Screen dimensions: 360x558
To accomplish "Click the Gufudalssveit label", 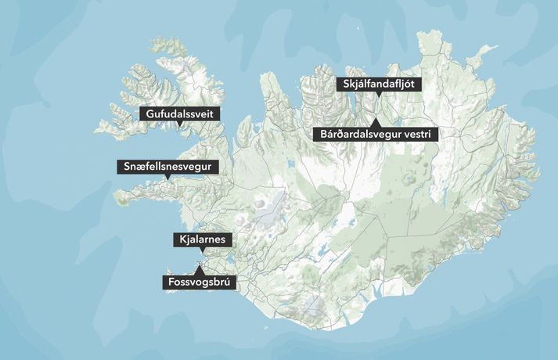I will tap(180, 113).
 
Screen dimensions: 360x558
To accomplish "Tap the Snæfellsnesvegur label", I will tap(167, 167).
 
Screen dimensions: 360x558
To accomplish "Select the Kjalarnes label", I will tap(203, 239).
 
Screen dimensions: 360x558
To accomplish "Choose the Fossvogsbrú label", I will tap(199, 282).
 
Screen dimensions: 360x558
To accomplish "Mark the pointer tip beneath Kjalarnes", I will tap(203, 253).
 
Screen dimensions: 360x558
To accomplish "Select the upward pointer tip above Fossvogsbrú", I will tap(199, 268).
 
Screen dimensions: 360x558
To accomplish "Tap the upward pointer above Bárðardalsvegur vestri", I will tap(374, 121).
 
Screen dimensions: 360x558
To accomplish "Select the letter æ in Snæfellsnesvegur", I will tap(138, 167).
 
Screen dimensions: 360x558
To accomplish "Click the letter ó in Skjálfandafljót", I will tap(412, 85).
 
